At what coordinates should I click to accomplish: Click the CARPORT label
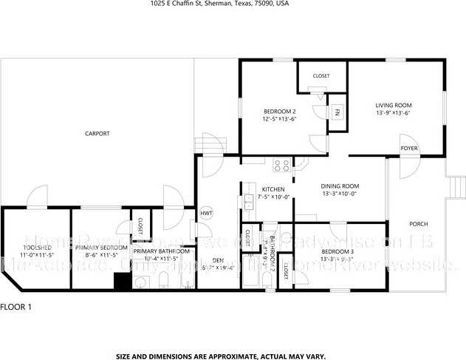(97, 134)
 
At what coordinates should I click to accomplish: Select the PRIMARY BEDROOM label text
(103, 248)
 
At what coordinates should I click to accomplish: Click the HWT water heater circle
(207, 214)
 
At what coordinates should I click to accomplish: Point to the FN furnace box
(337, 112)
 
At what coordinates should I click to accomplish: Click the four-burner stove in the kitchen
(281, 166)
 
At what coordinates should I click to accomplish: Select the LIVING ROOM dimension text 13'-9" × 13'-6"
(393, 113)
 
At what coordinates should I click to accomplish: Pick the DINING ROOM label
(339, 186)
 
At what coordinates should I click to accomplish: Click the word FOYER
(409, 149)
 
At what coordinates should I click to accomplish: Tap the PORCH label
(419, 224)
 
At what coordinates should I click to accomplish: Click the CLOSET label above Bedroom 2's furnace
(321, 75)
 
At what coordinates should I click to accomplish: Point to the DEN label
(218, 260)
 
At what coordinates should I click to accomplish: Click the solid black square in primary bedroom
(121, 282)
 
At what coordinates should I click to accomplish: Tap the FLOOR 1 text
(16, 306)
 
